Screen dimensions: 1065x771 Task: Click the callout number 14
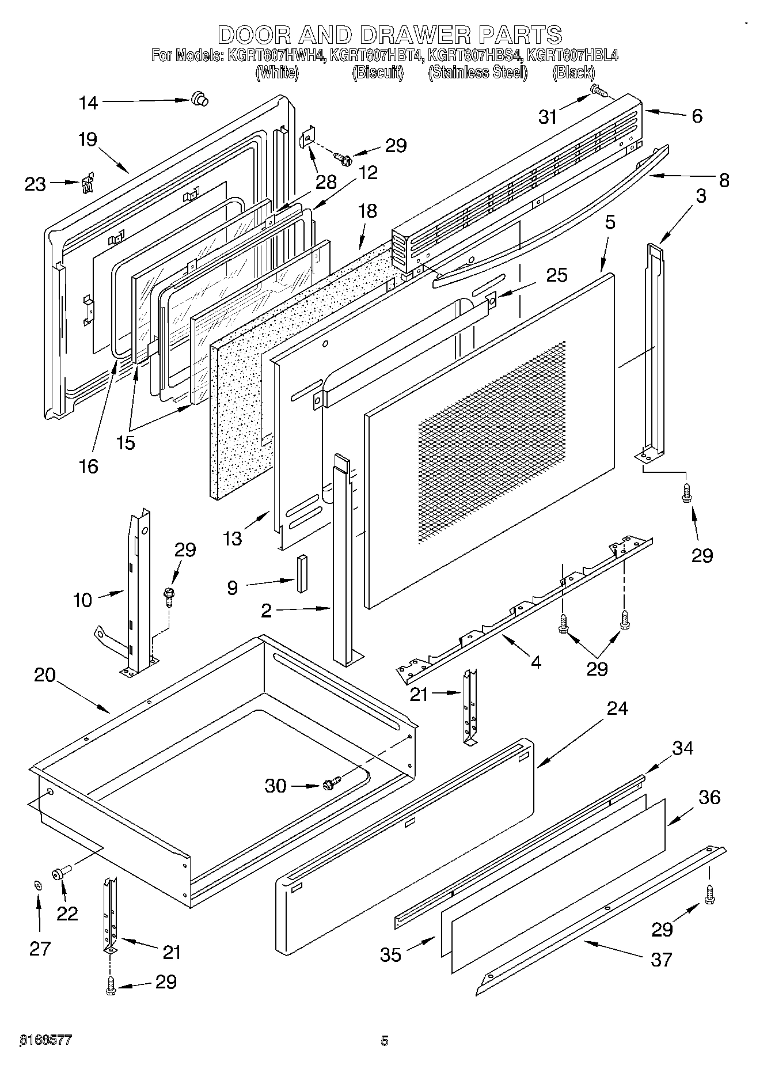89,103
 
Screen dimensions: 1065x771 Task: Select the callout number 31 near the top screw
548,117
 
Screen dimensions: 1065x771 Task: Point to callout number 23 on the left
35,184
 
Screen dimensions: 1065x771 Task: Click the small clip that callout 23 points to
88,183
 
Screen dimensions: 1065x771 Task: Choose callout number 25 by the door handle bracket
557,275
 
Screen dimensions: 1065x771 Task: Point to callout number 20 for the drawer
44,674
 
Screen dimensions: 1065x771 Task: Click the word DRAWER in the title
414,35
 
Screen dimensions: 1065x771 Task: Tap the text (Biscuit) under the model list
378,73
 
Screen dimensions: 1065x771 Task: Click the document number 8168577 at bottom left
45,1040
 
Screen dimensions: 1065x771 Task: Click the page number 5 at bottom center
385,1040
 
